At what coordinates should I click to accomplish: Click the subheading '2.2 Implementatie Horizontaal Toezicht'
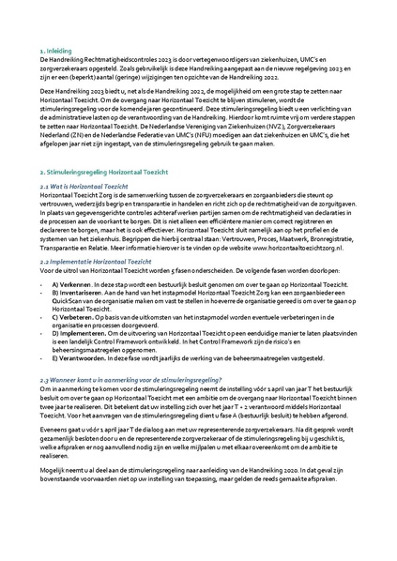(x=105, y=263)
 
